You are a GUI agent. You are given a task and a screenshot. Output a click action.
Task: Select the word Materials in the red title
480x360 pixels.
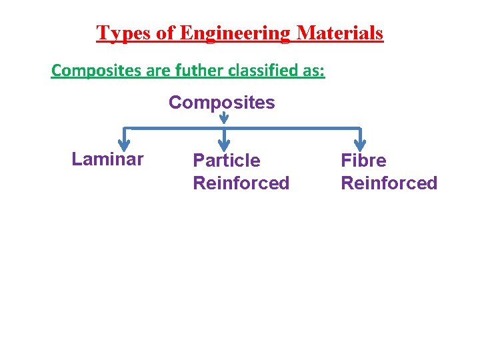click(x=340, y=33)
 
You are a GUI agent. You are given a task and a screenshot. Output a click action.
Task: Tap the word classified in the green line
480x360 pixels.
click(x=257, y=70)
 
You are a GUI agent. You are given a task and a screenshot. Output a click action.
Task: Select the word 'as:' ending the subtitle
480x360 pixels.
click(x=311, y=70)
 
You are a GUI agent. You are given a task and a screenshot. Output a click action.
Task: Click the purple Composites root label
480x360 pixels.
click(x=221, y=103)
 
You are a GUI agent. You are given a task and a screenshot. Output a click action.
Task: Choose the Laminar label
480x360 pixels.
click(x=107, y=159)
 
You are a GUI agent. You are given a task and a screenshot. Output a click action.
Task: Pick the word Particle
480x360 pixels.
click(x=227, y=161)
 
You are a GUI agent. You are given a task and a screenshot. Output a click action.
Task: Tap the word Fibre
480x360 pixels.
click(x=363, y=161)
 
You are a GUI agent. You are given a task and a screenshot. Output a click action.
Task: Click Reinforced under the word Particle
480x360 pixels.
click(x=241, y=183)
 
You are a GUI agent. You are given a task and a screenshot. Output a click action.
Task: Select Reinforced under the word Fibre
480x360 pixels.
click(x=389, y=183)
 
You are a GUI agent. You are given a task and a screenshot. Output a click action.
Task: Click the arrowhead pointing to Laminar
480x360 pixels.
click(x=123, y=145)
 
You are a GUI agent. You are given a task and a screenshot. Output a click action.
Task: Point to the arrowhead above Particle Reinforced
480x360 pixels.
click(x=225, y=145)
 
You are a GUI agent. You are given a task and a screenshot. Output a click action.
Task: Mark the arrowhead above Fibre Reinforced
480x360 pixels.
click(x=360, y=145)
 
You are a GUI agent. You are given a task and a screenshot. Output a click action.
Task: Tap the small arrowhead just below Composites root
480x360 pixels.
click(x=224, y=119)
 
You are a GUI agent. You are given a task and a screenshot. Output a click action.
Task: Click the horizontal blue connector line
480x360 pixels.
click(x=293, y=128)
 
